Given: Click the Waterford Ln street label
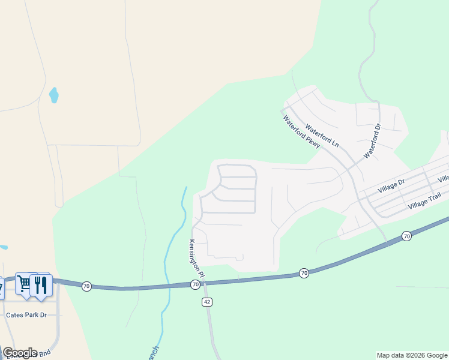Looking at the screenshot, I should tap(322, 136).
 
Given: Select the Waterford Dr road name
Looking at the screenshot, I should tap(373, 142).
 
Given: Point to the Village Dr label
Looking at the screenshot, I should tap(392, 186).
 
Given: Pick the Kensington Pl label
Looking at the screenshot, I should tap(197, 258).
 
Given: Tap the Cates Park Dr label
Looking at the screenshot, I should tap(26, 314).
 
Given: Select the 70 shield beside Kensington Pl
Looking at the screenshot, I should tap(195, 284).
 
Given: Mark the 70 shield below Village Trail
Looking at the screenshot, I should tap(406, 236).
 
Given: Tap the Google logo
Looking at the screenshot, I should tap(20, 352).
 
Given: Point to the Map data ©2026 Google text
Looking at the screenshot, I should tap(412, 355).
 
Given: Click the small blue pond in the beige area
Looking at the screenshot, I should tap(54, 94).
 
